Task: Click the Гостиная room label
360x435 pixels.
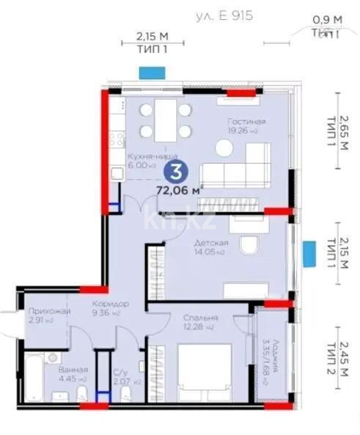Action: pos(246,121)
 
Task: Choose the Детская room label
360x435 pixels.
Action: pos(210,243)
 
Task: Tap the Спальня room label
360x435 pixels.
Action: pos(200,318)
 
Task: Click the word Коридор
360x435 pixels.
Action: pos(110,304)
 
